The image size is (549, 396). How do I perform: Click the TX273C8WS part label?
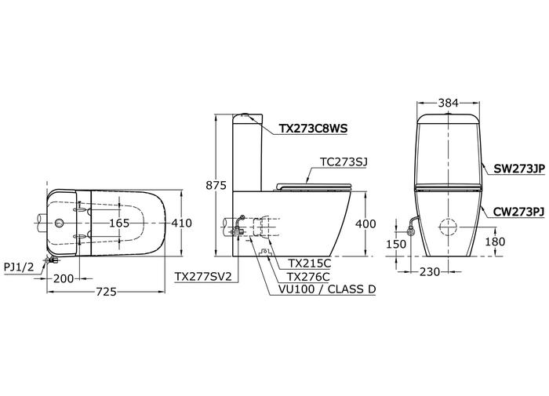pos(314,129)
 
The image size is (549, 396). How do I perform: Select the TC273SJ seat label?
pos(344,162)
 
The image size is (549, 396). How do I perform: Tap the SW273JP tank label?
pos(519,169)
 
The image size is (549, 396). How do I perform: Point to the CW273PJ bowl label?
pos(518,212)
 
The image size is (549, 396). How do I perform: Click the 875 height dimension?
pos(216,185)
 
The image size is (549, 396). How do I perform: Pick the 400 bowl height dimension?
pos(365,223)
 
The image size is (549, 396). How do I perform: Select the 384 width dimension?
pos(448,103)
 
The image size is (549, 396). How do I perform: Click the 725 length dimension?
pos(106,292)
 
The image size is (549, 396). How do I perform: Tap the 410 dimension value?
pos(181,223)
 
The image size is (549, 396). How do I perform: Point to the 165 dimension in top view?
pos(119,223)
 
